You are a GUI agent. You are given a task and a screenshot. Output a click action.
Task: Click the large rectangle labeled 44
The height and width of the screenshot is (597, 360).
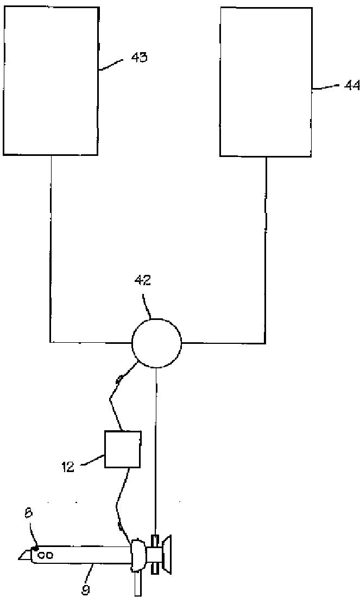coord(266,81)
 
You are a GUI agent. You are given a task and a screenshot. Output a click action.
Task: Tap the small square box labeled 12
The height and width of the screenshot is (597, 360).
coord(123,449)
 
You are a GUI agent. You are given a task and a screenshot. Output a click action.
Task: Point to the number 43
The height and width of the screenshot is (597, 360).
coord(138,58)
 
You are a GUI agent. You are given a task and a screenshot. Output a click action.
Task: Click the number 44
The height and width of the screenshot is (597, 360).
coord(352,85)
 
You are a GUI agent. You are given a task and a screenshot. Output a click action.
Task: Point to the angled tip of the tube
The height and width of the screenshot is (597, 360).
coord(24,555)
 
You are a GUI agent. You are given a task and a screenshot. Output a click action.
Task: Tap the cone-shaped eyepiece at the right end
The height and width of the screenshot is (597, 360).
coord(169,555)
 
